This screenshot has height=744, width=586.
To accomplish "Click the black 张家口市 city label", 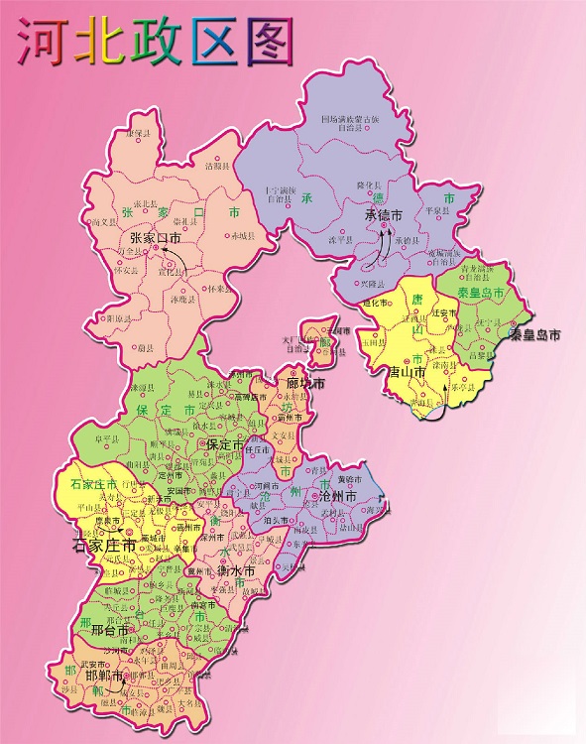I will click(x=156, y=238).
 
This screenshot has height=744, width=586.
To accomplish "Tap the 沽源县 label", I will click(x=216, y=167).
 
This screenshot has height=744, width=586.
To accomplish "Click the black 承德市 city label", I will click(x=384, y=214).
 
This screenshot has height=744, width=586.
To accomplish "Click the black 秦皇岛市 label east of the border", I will click(x=534, y=335).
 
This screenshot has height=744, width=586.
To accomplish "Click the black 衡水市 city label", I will click(x=236, y=571).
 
